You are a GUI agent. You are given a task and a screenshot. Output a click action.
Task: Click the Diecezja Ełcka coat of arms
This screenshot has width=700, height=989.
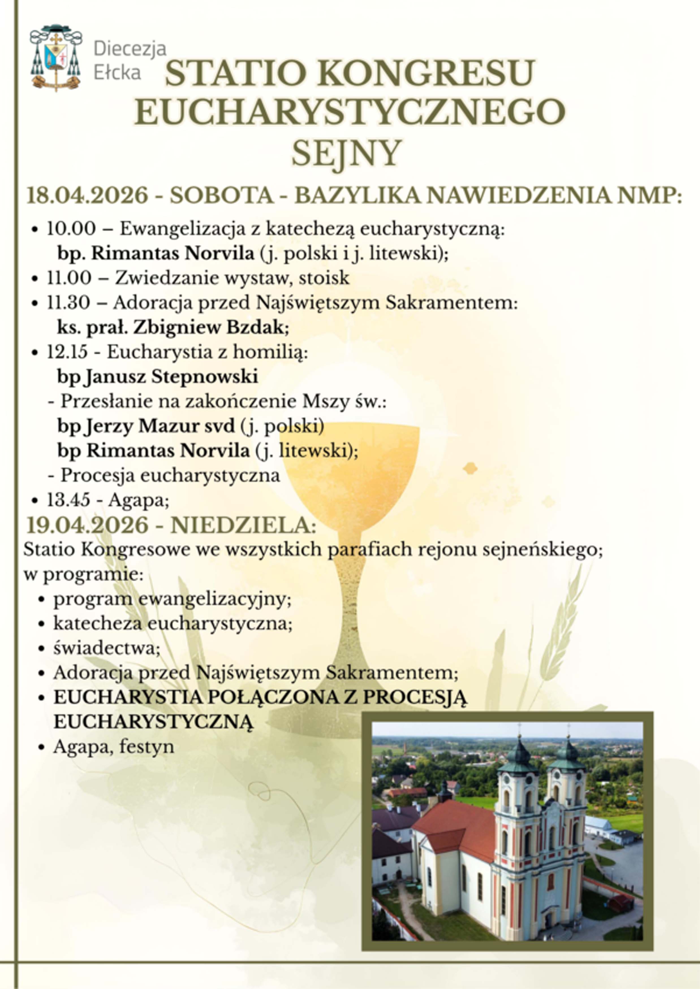pyautogui.click(x=56, y=58)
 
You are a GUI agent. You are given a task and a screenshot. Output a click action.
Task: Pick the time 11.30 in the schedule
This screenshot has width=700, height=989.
pyautogui.click(x=68, y=303)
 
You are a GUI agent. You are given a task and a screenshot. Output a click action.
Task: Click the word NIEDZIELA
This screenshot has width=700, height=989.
pyautogui.click(x=244, y=526)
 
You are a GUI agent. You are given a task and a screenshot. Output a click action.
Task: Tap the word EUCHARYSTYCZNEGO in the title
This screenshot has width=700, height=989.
pyautogui.click(x=350, y=112)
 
